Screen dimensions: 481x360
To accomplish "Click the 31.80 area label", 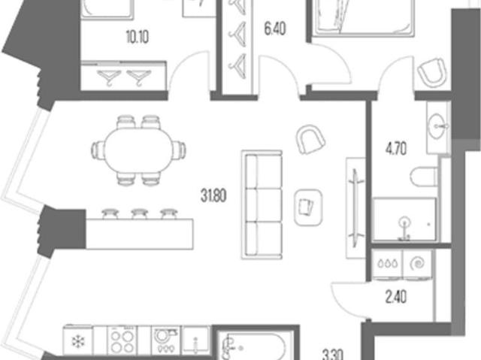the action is [x=213, y=195].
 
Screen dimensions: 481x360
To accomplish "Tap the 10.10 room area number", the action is [x=138, y=37].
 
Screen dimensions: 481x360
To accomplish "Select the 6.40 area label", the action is [x=275, y=29].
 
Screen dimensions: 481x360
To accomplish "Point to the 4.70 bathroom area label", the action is [x=396, y=150].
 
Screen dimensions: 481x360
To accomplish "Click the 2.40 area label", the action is [x=396, y=297].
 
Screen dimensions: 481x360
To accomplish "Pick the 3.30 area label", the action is [x=334, y=355].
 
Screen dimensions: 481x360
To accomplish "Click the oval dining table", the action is [x=138, y=150].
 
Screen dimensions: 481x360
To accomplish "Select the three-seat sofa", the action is [x=262, y=204].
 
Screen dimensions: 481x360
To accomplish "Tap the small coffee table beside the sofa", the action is [x=308, y=207].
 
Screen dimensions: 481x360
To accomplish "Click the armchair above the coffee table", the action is [x=310, y=140].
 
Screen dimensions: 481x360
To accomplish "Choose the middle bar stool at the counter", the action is [x=140, y=213].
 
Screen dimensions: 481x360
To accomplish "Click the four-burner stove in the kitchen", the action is [x=122, y=340].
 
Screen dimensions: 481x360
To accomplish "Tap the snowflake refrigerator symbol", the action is [x=77, y=340].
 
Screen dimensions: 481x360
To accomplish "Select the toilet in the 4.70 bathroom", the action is [x=424, y=177].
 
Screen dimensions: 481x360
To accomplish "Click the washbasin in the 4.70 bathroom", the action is [x=437, y=126].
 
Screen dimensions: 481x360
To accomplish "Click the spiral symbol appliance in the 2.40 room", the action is [x=417, y=264].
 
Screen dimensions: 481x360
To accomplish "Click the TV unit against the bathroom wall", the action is [x=355, y=208].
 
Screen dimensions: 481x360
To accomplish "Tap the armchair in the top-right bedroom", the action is [x=432, y=72].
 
